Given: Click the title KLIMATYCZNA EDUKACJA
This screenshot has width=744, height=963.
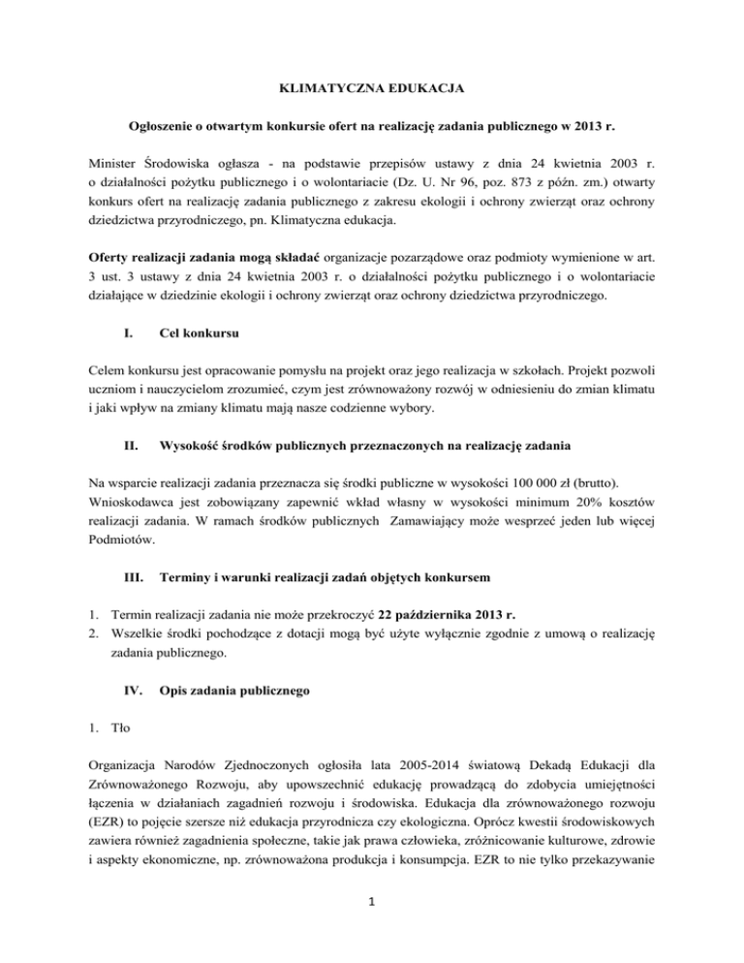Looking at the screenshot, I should click(x=372, y=89).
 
